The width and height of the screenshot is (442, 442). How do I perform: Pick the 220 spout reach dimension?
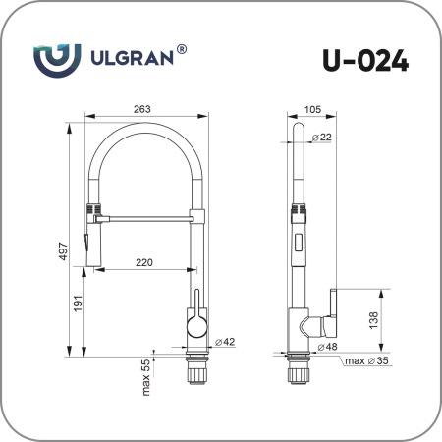[x=143, y=262]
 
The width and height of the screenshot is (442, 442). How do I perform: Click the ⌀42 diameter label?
[x=223, y=341]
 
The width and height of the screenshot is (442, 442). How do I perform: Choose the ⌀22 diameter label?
[x=321, y=138]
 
